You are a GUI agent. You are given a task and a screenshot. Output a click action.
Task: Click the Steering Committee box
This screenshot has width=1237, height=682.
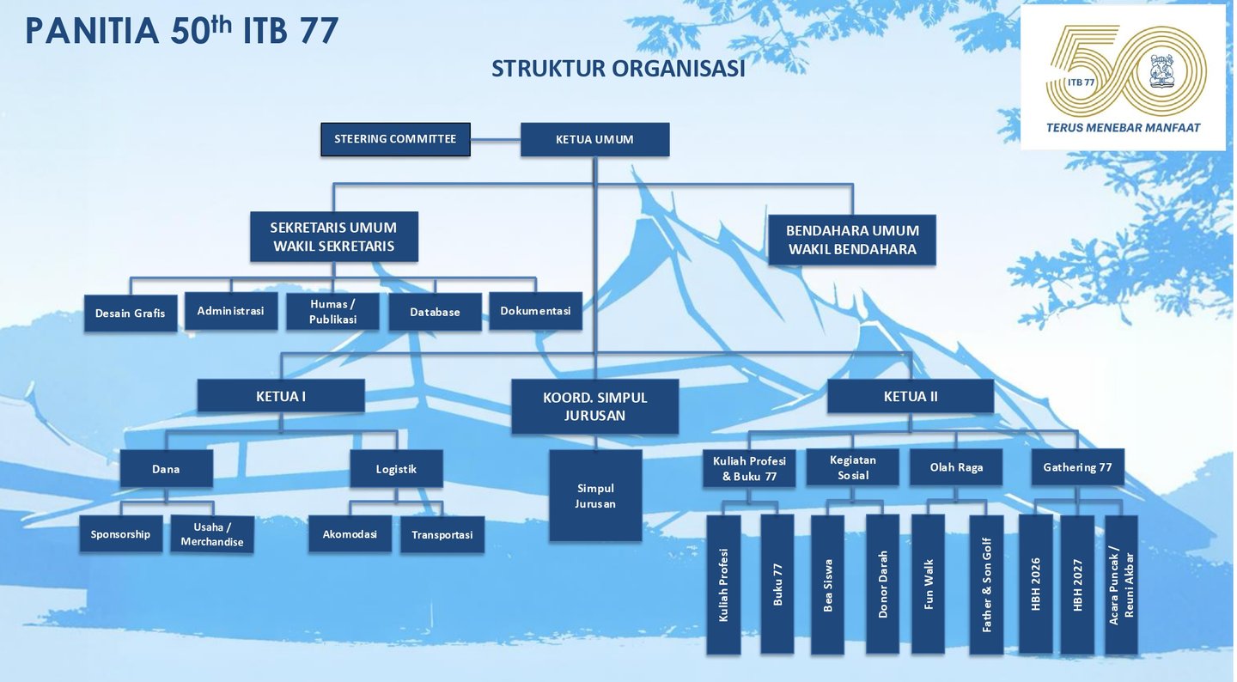[395, 139]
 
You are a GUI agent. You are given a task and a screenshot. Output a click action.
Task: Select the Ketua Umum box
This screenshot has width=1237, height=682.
[594, 139]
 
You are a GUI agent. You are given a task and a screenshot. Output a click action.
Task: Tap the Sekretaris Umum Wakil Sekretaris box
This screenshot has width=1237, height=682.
[333, 237]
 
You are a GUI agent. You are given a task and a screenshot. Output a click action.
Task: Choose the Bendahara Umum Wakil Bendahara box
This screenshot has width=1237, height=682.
[852, 240]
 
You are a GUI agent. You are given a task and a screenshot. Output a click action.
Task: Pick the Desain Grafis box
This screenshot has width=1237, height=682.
[131, 314]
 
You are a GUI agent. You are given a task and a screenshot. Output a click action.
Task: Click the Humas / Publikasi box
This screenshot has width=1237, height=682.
[332, 312]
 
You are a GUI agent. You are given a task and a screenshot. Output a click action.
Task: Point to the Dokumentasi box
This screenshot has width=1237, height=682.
[535, 311]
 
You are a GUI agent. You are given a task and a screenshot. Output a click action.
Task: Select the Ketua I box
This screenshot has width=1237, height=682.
[281, 396]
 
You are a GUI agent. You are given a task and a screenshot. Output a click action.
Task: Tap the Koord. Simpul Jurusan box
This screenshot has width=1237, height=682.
[594, 406]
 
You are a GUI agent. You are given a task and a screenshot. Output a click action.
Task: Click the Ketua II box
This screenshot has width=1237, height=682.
[911, 396]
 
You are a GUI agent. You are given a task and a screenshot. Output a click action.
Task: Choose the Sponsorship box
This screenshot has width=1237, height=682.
[120, 534]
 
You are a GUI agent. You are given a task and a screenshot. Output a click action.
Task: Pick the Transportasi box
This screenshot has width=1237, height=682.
[442, 534]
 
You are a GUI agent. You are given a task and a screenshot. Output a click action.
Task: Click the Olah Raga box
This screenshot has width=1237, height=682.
[956, 467]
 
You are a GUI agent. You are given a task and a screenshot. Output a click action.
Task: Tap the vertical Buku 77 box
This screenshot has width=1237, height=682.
[777, 584]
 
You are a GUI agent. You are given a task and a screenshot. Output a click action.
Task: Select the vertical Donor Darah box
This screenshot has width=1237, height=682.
[882, 584]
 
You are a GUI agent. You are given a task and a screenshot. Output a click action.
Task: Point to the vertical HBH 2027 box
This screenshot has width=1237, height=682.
[1078, 584]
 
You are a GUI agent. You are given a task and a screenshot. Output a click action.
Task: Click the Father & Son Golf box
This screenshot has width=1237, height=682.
[986, 584]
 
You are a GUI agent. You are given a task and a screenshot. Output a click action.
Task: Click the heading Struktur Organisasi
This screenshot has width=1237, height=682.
[618, 69]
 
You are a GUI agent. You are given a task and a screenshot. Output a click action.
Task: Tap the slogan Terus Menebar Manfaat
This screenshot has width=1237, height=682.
[1124, 127]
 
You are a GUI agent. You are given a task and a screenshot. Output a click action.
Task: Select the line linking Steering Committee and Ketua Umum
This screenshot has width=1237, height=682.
[496, 139]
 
